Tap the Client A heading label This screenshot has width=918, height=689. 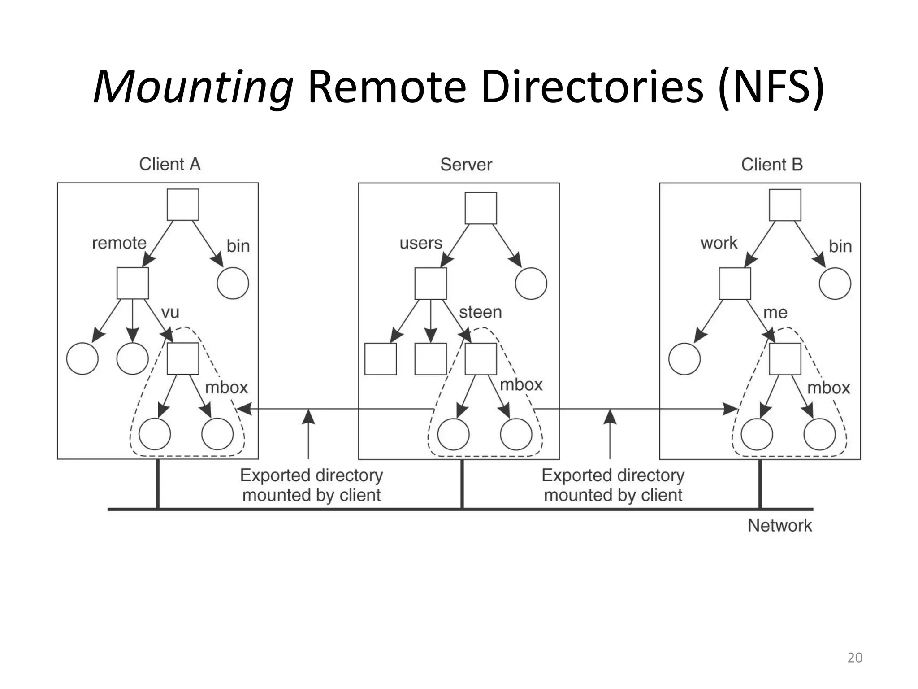169,164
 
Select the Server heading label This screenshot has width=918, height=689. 466,165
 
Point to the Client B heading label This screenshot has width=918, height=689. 771,165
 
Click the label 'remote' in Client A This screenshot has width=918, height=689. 119,243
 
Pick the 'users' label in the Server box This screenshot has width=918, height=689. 420,243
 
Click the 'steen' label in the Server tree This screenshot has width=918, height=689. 480,312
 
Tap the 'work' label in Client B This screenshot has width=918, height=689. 719,243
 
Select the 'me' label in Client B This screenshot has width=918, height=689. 775,313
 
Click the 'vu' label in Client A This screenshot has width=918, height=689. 170,313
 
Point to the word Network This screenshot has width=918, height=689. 779,525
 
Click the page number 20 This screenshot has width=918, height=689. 854,658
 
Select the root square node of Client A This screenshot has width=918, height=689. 183,205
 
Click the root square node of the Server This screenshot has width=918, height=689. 481,208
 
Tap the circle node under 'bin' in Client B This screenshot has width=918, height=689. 835,283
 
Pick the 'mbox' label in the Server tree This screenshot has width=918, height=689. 521,385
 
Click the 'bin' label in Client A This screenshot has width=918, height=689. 238,246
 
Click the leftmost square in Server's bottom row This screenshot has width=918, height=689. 380,359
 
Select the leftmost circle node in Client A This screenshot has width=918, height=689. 82,358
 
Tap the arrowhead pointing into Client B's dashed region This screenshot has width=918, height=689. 730,409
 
